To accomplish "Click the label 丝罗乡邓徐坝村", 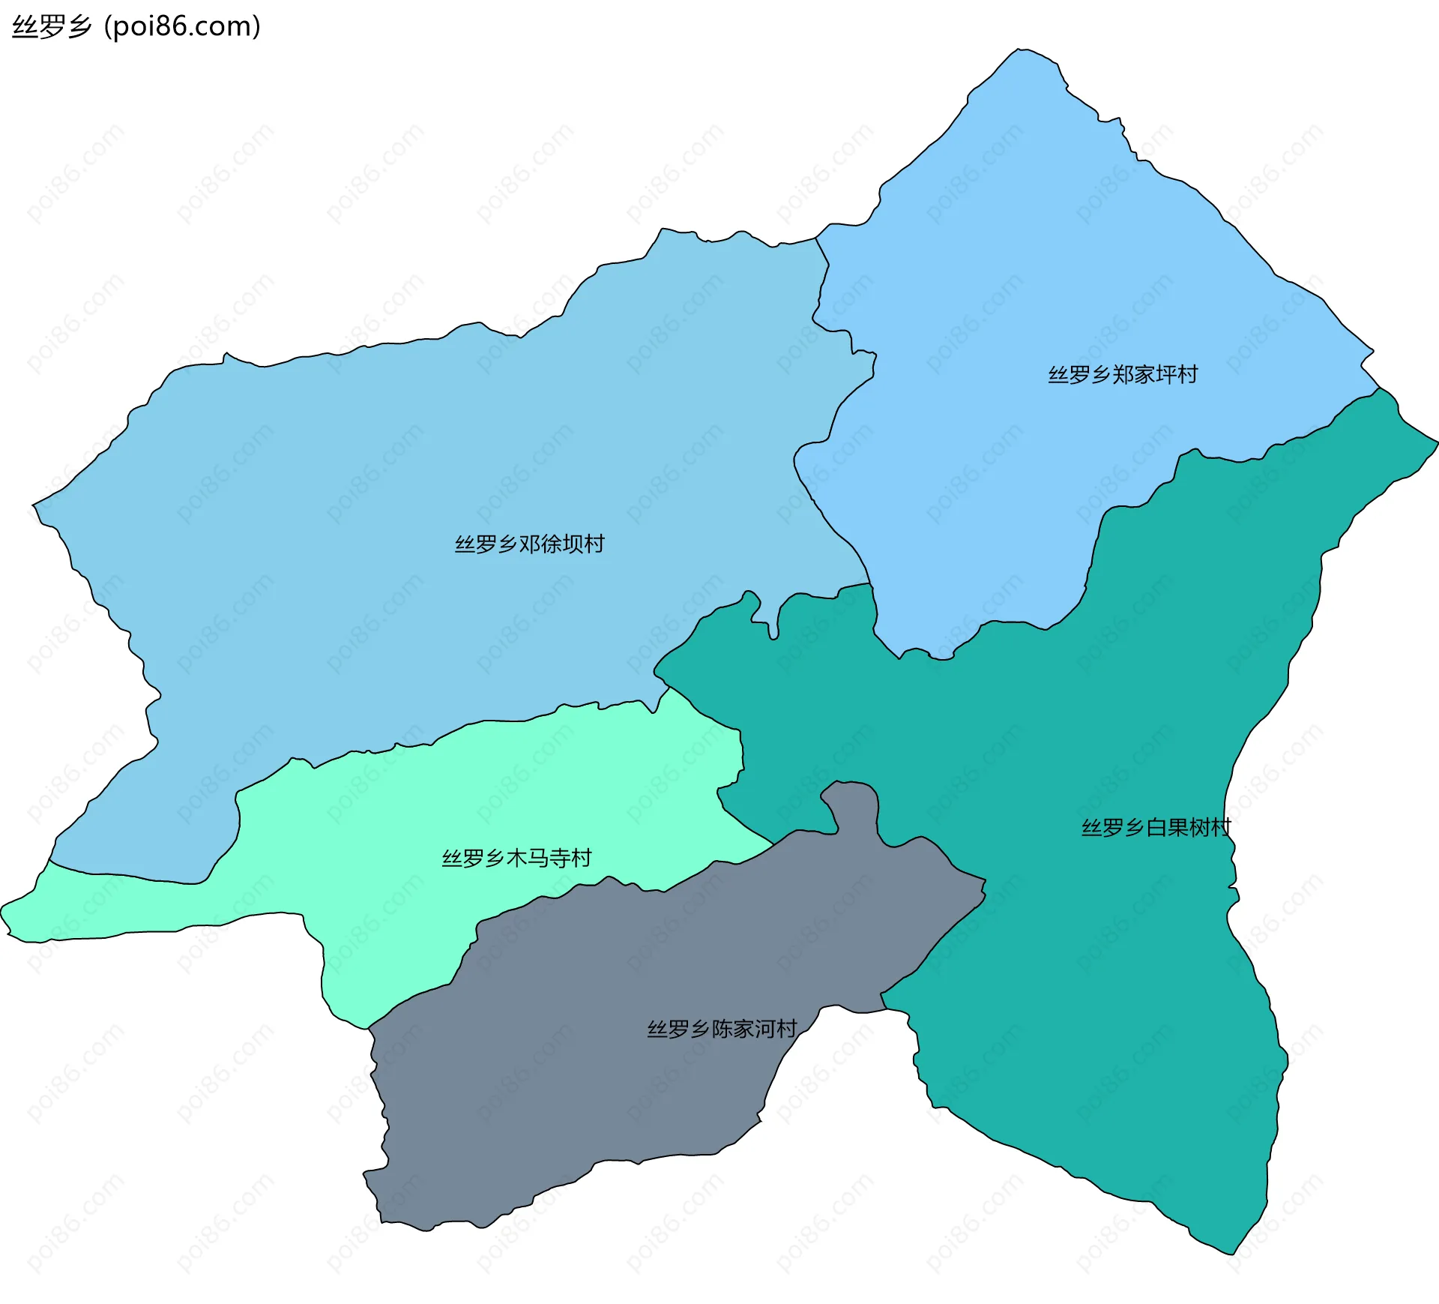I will (x=529, y=544).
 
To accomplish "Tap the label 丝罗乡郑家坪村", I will (x=1122, y=374).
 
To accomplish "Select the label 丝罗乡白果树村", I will (x=1156, y=828).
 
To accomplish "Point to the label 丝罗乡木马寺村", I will (x=516, y=858).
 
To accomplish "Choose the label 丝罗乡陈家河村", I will (x=722, y=1029).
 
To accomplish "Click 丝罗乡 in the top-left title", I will (x=52, y=26).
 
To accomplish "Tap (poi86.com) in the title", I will (x=182, y=26).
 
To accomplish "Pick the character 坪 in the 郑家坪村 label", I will (x=1165, y=374).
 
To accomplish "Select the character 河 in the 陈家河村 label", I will (x=765, y=1029).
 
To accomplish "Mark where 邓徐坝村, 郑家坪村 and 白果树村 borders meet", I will (x=869, y=583).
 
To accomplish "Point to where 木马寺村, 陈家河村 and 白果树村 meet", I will (x=774, y=845).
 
